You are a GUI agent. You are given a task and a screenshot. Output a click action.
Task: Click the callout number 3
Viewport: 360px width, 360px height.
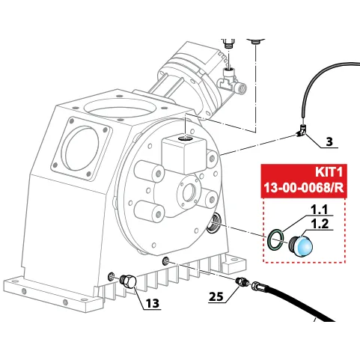click(329, 141)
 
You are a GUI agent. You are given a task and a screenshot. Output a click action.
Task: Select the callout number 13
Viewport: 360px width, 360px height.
click(153, 303)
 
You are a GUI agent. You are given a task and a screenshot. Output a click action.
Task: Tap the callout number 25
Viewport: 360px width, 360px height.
click(216, 297)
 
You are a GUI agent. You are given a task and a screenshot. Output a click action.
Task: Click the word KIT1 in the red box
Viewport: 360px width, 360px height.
click(329, 172)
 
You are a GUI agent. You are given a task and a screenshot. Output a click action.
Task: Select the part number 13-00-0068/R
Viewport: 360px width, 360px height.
click(304, 188)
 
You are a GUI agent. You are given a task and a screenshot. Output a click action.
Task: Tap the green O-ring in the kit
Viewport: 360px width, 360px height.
click(275, 240)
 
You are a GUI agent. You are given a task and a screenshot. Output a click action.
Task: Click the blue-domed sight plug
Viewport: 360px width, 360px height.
click(300, 245)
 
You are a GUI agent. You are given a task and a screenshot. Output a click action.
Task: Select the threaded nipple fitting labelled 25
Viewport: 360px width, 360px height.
click(241, 282)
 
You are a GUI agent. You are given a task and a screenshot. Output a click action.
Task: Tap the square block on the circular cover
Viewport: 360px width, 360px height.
click(184, 156)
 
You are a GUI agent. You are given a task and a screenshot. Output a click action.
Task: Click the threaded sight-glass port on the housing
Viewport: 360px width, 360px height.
click(213, 222)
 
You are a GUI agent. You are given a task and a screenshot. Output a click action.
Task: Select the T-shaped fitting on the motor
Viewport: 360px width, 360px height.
click(231, 79)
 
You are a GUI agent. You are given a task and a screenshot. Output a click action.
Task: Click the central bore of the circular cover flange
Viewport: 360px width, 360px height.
click(191, 194)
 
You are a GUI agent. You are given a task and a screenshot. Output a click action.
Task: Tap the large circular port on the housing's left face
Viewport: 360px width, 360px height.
click(82, 148)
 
